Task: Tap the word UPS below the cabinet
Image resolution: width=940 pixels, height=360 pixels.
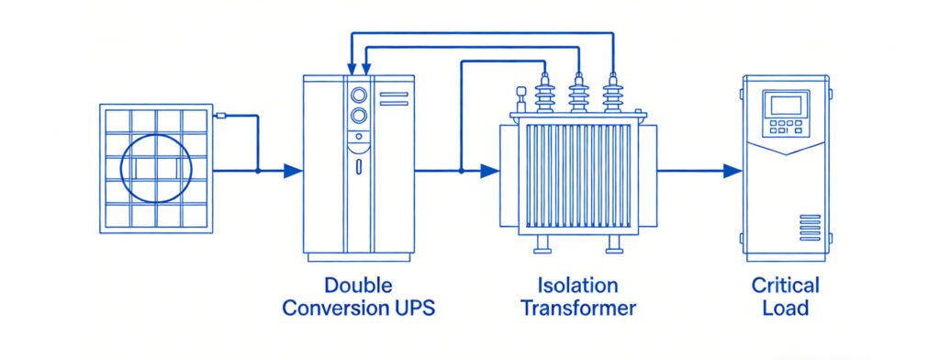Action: (x=411, y=308)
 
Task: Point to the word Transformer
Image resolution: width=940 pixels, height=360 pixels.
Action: (x=578, y=308)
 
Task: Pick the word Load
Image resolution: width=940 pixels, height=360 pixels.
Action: (x=785, y=308)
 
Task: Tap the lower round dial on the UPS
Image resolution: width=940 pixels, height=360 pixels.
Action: (x=359, y=116)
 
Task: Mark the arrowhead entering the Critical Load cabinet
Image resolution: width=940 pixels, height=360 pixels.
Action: (x=732, y=170)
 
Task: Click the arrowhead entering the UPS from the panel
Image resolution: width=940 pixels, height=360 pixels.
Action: (x=293, y=170)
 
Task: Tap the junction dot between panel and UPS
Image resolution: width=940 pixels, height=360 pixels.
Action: (x=258, y=170)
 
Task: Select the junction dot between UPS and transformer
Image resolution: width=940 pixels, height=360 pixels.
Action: (x=460, y=170)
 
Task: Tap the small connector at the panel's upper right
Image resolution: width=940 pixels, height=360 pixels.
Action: (x=219, y=116)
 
